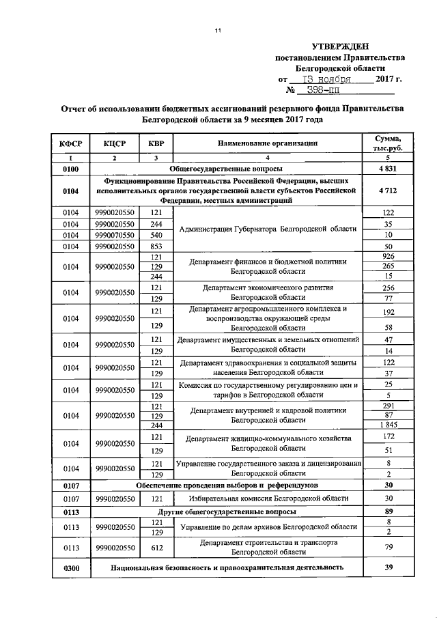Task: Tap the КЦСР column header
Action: click(x=115, y=143)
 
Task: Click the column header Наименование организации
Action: click(x=267, y=143)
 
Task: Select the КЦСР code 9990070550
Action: click(x=115, y=234)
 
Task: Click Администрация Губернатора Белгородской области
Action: click(x=267, y=229)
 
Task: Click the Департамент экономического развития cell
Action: click(x=267, y=292)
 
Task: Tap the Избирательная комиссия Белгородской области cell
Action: click(x=267, y=498)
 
